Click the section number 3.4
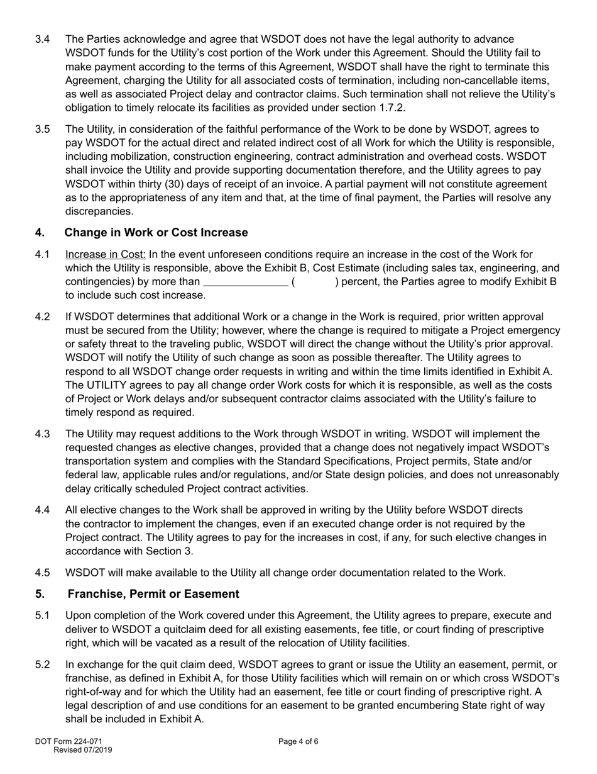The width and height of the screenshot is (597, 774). click(x=43, y=40)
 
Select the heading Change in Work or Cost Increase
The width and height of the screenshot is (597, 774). click(x=156, y=233)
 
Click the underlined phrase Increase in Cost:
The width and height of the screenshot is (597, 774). click(x=106, y=254)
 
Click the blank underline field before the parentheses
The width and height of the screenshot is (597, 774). click(x=245, y=282)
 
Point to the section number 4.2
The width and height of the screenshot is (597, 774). click(x=43, y=317)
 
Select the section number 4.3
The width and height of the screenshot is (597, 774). click(x=43, y=434)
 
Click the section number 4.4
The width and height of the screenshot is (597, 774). click(x=43, y=510)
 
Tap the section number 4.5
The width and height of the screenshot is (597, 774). click(x=43, y=573)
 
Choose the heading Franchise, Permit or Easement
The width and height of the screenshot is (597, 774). click(x=153, y=594)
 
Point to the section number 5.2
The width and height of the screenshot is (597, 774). click(x=43, y=665)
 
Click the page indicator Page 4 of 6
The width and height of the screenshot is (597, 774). click(x=298, y=741)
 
